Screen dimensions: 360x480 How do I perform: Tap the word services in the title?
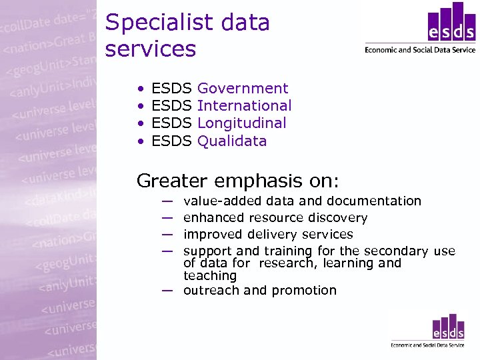pyautogui.click(x=151, y=49)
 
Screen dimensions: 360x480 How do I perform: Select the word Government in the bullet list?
pyautogui.click(x=243, y=89)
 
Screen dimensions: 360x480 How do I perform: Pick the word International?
pyautogui.click(x=245, y=106)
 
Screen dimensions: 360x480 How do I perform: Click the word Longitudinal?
pyautogui.click(x=242, y=123)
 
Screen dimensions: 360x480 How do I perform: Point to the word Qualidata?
pyautogui.click(x=232, y=141)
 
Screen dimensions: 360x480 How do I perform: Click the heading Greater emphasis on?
pyautogui.click(x=238, y=180)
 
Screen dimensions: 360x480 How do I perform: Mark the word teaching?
pyautogui.click(x=210, y=276)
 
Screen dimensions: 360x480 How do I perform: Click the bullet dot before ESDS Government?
pyautogui.click(x=141, y=89)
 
